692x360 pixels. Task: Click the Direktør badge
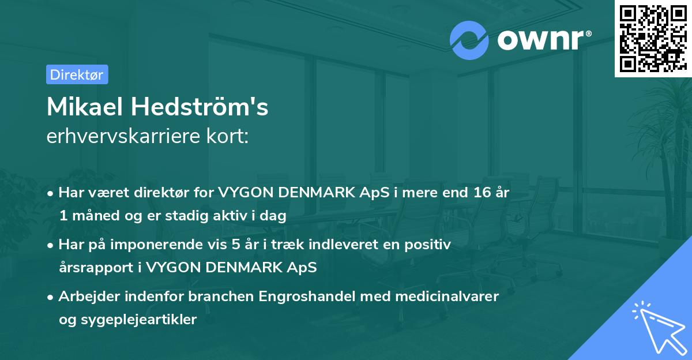point(77,74)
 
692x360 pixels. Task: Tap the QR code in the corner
point(652,38)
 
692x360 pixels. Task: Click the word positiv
point(430,245)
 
